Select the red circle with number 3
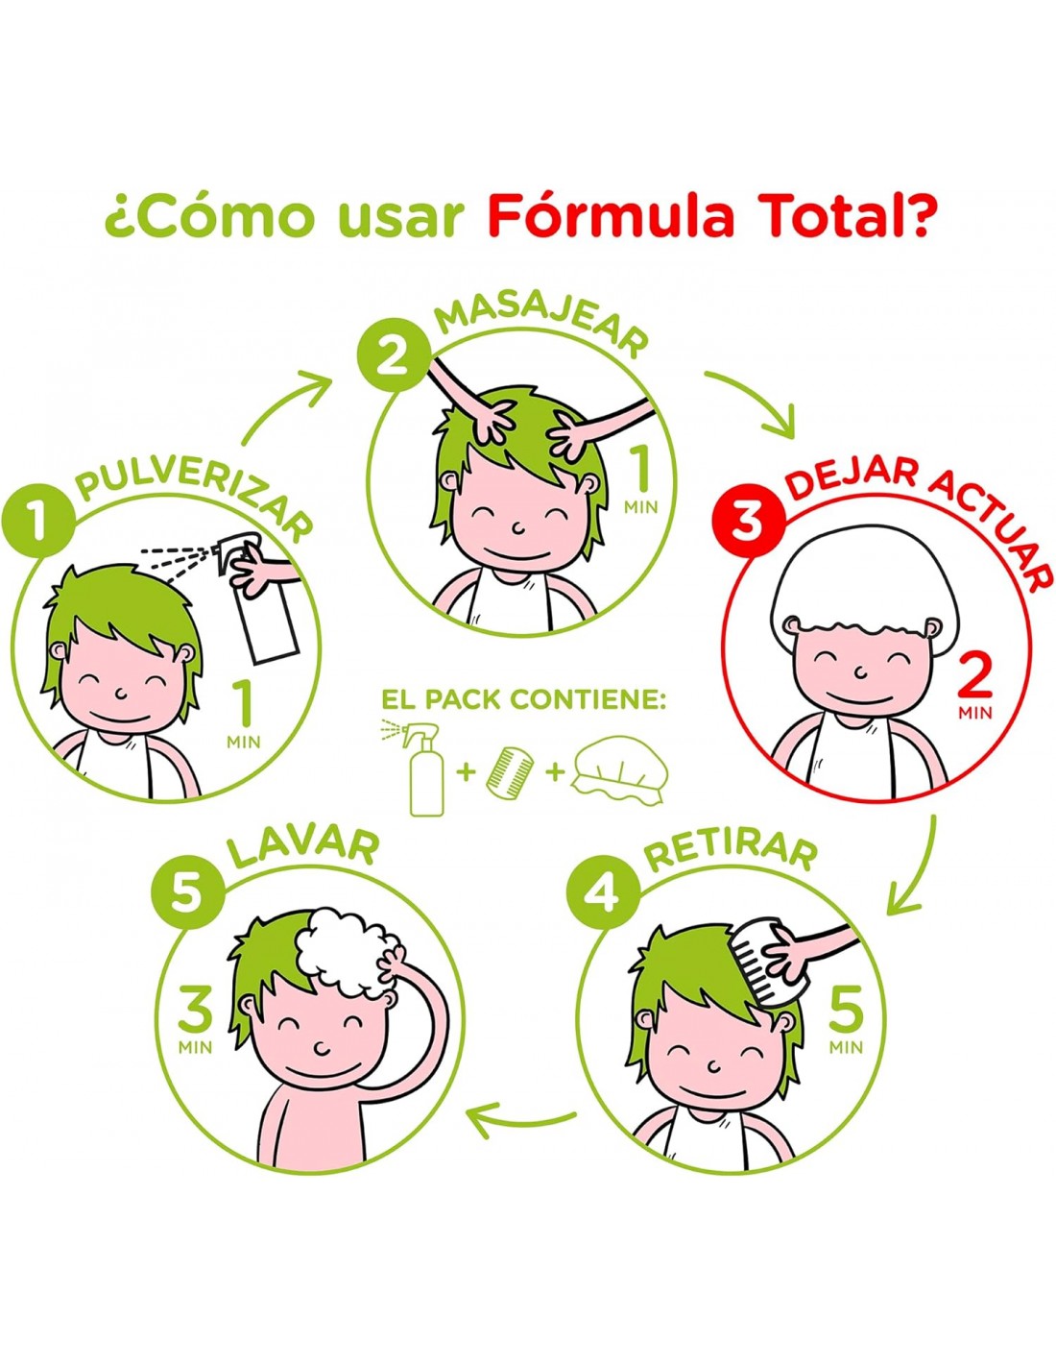click(744, 521)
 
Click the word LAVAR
click(302, 849)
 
